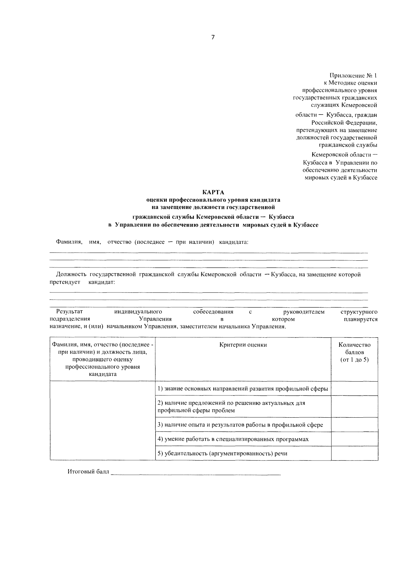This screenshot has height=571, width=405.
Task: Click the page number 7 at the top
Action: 213,37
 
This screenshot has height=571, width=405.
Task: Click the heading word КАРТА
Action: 213,192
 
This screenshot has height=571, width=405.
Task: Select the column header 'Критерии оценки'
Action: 243,345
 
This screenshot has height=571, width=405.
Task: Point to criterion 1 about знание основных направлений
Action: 243,389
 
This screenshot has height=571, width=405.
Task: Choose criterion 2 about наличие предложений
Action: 232,407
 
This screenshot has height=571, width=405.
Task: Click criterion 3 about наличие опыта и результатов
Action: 240,425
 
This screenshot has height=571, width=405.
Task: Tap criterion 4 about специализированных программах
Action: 233,439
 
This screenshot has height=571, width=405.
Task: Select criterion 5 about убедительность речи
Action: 223,453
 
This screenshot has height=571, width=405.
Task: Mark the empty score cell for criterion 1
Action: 354,389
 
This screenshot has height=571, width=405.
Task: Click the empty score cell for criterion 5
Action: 354,453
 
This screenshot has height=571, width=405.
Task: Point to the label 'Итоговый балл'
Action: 88,472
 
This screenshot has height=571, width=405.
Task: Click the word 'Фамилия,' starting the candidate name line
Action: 69,242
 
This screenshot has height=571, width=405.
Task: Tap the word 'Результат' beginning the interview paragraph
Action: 69,312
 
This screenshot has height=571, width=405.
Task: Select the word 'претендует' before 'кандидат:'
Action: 65,282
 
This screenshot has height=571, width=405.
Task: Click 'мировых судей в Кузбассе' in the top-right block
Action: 341,178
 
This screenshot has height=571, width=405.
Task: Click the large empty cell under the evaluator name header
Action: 103,421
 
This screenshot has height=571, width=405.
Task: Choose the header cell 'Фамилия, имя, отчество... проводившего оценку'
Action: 103,359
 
